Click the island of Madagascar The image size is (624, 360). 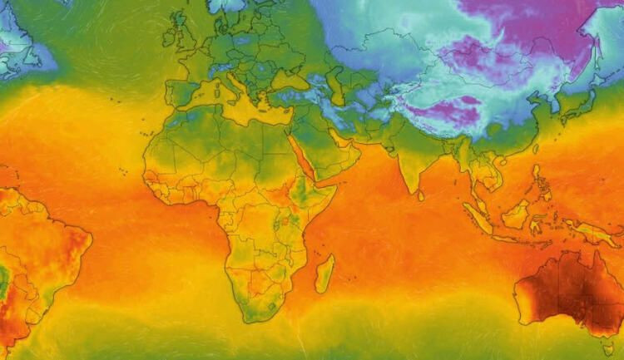tap(325, 274)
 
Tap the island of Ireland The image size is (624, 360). tap(168, 38)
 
